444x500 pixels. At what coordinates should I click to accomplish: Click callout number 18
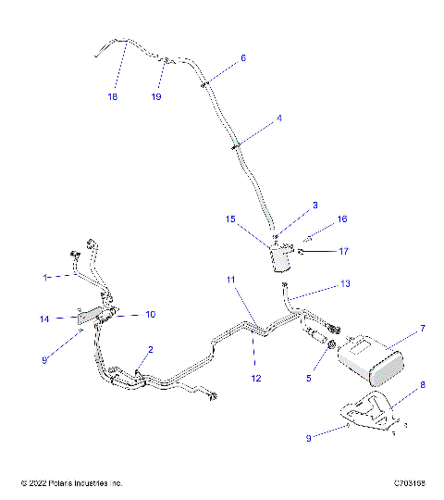(113, 96)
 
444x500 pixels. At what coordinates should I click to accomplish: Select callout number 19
(156, 96)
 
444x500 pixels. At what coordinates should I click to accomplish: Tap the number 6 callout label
(243, 57)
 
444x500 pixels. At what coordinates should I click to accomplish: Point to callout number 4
(279, 119)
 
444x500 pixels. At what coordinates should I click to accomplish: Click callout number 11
(231, 279)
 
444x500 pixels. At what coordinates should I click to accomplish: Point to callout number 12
(255, 378)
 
